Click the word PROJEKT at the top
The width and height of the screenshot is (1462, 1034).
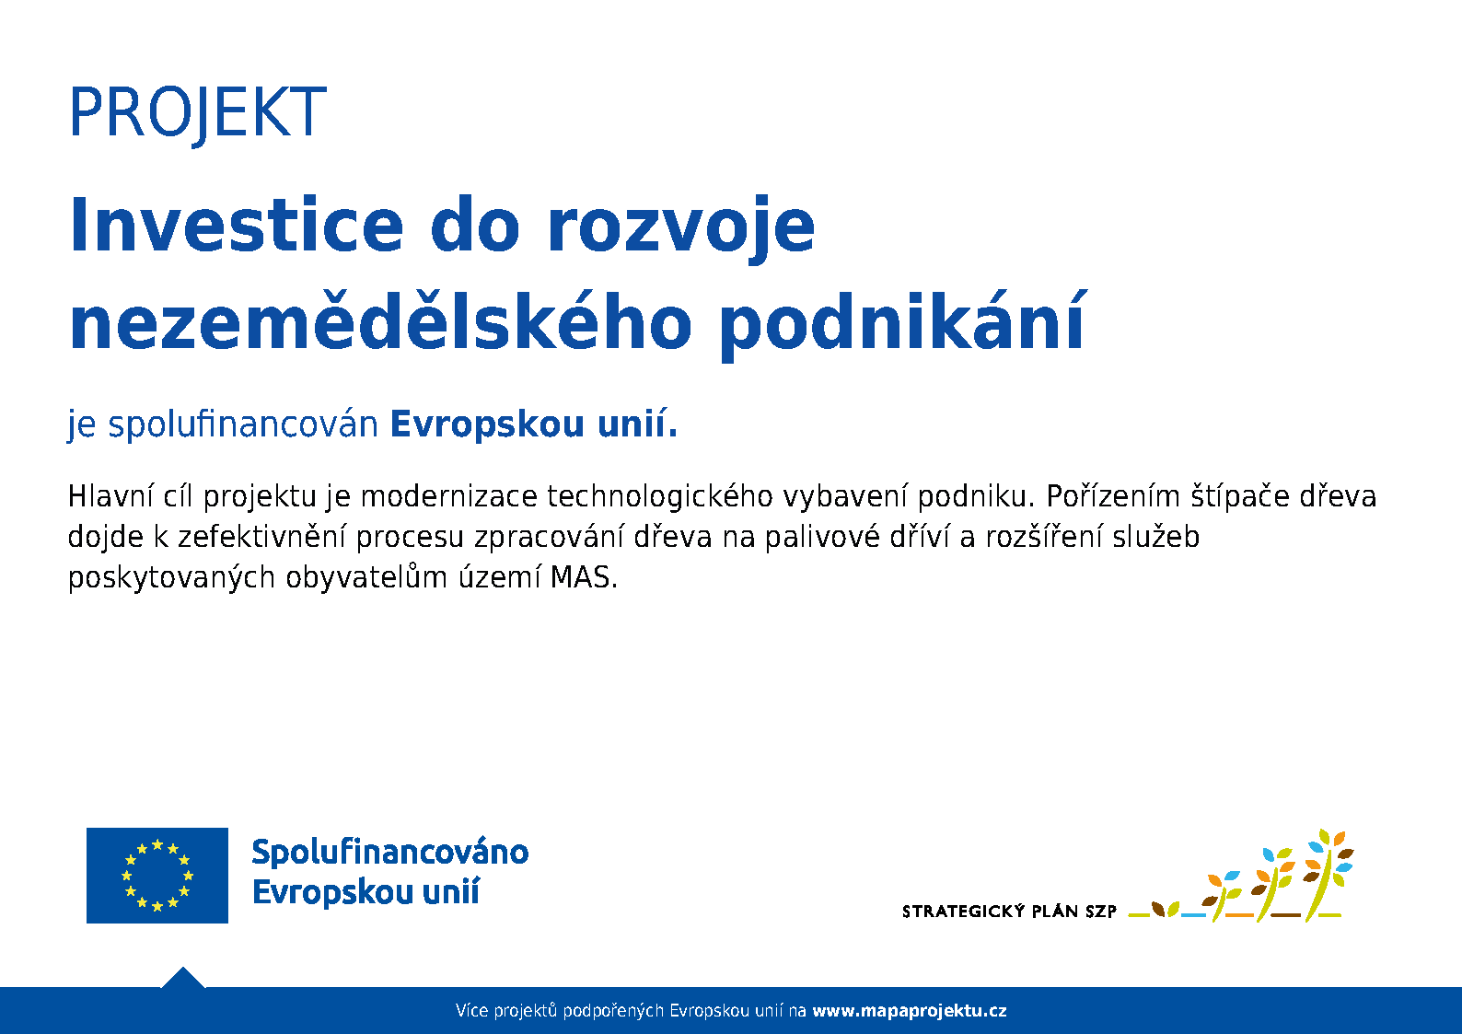pos(198,113)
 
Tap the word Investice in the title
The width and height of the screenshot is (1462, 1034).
pos(237,226)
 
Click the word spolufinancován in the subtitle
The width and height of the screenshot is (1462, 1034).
pos(243,425)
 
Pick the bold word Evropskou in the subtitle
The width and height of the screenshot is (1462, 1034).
pos(487,425)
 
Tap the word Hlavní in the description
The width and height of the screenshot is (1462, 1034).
pos(110,496)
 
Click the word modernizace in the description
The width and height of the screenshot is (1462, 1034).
pos(449,497)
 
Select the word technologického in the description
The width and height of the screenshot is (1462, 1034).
pos(660,497)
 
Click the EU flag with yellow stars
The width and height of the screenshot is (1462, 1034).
pos(157,876)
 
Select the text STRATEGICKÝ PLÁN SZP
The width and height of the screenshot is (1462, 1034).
pos(1009,912)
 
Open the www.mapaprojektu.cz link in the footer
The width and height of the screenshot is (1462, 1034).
pos(910,1011)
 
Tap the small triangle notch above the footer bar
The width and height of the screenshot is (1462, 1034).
pos(182,978)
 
